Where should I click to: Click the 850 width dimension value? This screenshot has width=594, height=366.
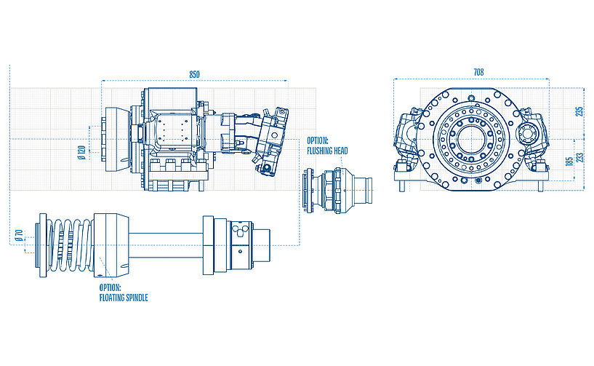(194, 74)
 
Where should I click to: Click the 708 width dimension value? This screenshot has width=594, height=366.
(478, 72)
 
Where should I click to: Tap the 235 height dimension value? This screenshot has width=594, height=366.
(579, 111)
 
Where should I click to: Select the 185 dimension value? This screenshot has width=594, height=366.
(569, 161)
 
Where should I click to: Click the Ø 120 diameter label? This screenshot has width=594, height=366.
(82, 153)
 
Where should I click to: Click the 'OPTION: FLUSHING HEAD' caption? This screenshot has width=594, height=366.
(327, 145)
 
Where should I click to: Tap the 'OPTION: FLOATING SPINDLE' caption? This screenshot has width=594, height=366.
(123, 293)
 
